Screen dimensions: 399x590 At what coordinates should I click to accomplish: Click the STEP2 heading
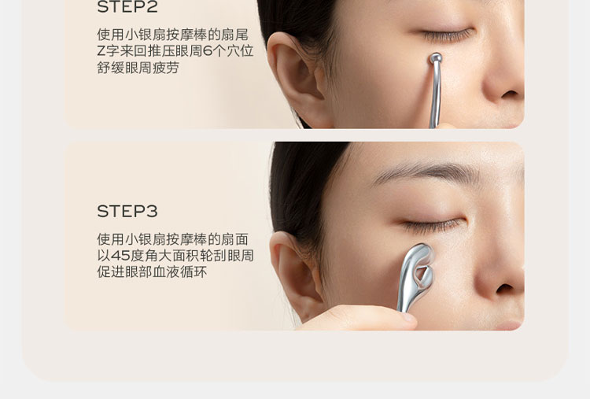(x=127, y=7)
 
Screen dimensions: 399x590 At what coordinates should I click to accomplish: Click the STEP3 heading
(x=127, y=211)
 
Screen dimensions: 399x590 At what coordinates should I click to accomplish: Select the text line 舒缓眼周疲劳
(x=138, y=68)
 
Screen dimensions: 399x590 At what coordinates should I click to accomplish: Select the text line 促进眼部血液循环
(x=152, y=272)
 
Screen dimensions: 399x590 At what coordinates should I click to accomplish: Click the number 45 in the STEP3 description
(x=120, y=256)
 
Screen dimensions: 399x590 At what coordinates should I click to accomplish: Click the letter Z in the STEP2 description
(x=101, y=52)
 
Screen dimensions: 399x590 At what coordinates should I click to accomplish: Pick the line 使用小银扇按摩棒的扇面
(x=172, y=239)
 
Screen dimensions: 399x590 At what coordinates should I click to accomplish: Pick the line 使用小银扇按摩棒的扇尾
(x=172, y=35)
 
